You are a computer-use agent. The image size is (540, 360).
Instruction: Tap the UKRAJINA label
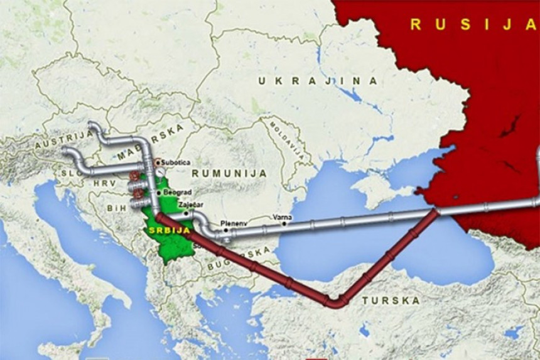318,81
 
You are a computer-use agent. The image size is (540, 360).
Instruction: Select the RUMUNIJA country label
229,173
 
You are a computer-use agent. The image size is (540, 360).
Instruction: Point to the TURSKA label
391,300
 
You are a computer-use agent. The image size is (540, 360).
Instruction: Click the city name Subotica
175,162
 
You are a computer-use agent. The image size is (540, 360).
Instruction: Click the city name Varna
282,217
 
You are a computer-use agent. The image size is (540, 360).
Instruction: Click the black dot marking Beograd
159,193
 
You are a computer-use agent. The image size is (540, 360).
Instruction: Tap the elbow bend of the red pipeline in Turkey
337,302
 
